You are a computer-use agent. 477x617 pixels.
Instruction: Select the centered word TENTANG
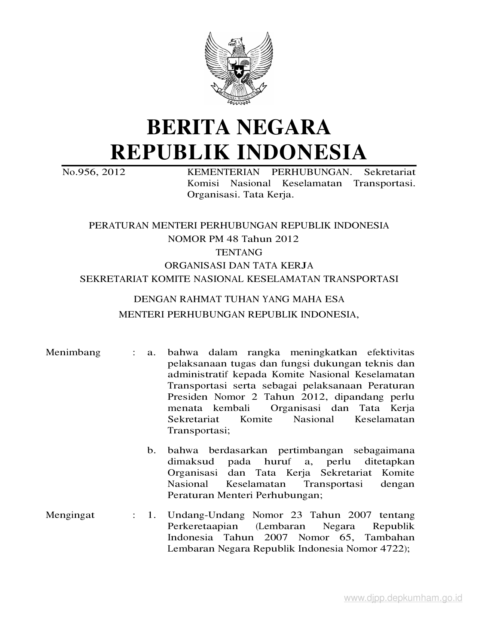pyautogui.click(x=239, y=252)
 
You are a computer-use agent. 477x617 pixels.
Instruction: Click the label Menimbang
pyautogui.click(x=73, y=352)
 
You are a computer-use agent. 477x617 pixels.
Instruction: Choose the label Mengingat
pyautogui.click(x=70, y=515)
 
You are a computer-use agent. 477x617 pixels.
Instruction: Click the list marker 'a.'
pyautogui.click(x=151, y=352)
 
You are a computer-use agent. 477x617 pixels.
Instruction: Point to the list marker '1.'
pyautogui.click(x=151, y=515)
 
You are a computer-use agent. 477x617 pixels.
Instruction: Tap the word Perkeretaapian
pyautogui.click(x=202, y=526)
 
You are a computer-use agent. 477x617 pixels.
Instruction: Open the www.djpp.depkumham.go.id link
pyautogui.click(x=403, y=598)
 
